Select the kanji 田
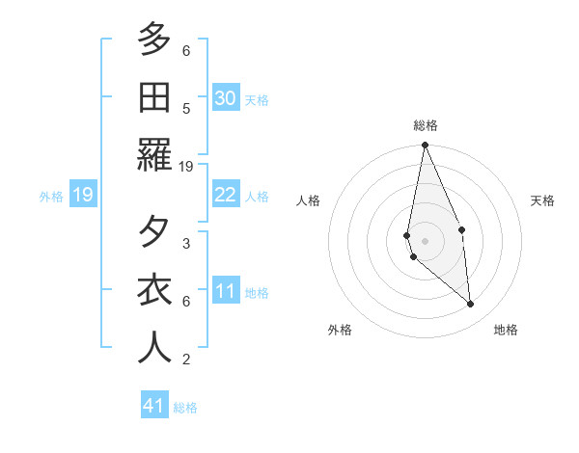155,96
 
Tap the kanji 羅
155,154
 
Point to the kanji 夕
155,232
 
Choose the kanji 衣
155,290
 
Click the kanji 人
155,347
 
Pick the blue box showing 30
226,97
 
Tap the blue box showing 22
226,195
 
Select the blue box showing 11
226,291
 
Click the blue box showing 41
154,406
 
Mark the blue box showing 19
82,196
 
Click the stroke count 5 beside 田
186,109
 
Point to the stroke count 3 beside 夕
186,243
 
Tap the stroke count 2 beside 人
186,360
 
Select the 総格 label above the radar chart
426,125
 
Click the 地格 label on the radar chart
506,330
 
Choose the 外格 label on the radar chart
340,330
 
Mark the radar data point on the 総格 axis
425,146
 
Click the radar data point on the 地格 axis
471,305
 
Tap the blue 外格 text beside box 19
51,197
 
